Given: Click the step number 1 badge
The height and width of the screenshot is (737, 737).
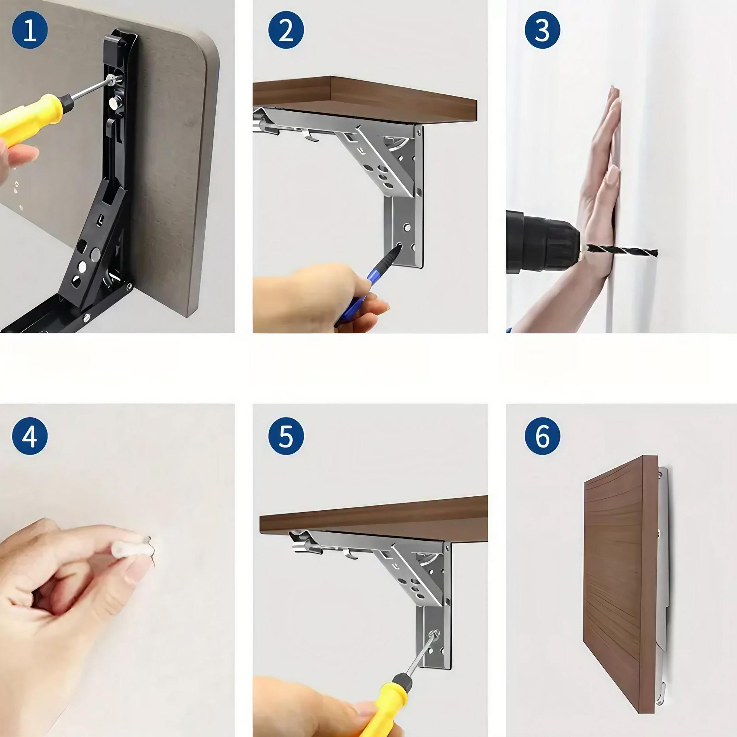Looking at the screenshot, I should [x=30, y=30].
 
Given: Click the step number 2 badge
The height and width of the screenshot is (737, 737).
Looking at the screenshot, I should [x=286, y=30].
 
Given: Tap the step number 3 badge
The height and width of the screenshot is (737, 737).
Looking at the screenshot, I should [x=542, y=30].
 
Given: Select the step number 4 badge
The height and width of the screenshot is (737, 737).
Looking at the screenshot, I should [x=30, y=435].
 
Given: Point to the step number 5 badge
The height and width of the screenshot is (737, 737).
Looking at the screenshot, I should [x=286, y=435].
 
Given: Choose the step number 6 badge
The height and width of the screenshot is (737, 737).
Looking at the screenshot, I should [x=542, y=435].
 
